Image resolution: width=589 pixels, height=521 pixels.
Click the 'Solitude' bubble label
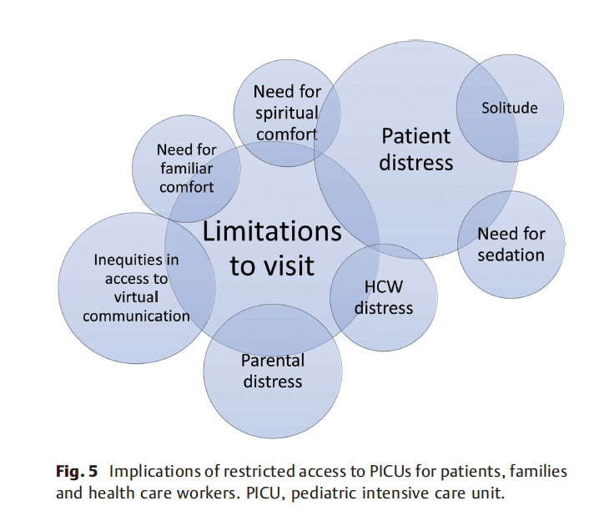coord(510,108)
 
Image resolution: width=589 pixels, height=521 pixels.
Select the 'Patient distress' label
coord(415,149)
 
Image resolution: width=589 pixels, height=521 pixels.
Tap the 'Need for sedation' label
coord(511,245)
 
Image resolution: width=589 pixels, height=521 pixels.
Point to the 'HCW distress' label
coord(383,297)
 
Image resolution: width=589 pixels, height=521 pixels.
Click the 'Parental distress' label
coord(273,372)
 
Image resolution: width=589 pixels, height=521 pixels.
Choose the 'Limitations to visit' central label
coord(273,248)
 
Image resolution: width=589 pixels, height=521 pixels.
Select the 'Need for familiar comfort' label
coord(186,168)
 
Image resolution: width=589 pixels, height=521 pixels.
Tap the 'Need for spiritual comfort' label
coord(287,113)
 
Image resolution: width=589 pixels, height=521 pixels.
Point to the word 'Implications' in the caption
coord(154,472)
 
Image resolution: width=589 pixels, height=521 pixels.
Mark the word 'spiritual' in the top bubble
coord(287,113)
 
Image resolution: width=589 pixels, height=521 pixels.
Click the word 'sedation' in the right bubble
coord(511,255)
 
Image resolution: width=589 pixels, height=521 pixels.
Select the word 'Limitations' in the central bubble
coord(273,231)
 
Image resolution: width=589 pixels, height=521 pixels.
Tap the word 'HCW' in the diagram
coord(383,287)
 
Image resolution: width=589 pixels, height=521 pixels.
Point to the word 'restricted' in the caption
coord(245,472)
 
